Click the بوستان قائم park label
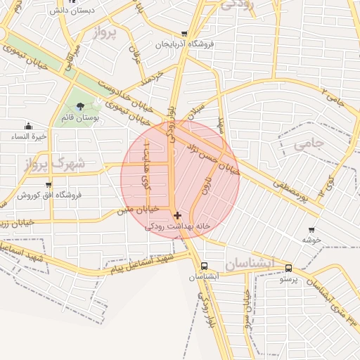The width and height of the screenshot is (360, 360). coord(79,117)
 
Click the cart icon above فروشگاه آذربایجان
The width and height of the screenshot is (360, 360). coord(184,34)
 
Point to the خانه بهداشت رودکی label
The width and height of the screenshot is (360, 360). coord(178,226)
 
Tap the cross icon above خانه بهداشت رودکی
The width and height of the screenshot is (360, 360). coord(177,215)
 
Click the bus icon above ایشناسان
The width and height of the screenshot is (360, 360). coord(204,266)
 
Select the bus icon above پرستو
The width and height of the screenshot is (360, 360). coord(288,268)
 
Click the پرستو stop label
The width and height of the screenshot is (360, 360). coord(289,279)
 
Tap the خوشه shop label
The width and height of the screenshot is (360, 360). coord(311,240)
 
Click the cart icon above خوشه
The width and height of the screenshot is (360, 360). coord(311,229)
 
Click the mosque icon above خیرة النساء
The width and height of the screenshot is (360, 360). coord(28,125)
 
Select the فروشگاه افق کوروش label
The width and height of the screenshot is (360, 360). coord(49,195)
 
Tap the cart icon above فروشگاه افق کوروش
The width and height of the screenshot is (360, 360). coord(49,184)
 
